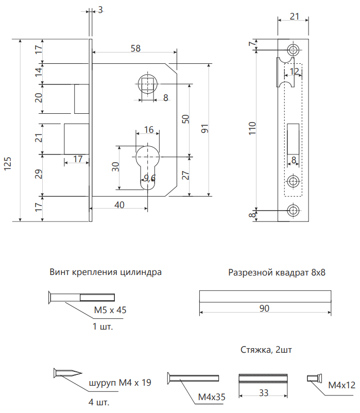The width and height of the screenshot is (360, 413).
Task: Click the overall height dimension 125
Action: (x=7, y=163)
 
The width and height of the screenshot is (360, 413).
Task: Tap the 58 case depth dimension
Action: (x=135, y=48)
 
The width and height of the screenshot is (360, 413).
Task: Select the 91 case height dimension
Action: (x=205, y=129)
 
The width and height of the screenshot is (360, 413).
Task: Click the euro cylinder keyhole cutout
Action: (x=148, y=167)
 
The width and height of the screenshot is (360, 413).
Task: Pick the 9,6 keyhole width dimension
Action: (x=149, y=178)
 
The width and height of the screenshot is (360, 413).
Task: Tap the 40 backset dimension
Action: (x=119, y=205)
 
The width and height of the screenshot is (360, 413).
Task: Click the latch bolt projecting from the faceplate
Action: (x=82, y=99)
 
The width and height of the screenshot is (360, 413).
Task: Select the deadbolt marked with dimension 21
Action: (x=77, y=139)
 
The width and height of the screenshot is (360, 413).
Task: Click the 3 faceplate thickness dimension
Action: (x=100, y=10)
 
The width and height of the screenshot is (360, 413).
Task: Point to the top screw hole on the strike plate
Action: (x=293, y=49)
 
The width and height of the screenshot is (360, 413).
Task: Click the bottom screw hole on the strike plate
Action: (x=293, y=211)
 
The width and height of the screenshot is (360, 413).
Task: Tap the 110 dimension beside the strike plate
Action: (x=252, y=128)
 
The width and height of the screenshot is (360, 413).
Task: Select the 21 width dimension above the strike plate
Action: (x=295, y=16)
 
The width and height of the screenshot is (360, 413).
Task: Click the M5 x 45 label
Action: (x=110, y=310)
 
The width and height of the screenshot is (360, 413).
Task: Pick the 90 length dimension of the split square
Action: (x=264, y=308)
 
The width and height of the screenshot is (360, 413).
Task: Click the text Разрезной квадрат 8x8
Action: (x=277, y=272)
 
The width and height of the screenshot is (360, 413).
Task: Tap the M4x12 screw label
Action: (x=342, y=385)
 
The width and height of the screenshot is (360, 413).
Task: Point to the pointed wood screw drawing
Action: (x=67, y=373)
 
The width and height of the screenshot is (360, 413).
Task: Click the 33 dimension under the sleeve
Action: (x=264, y=393)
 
